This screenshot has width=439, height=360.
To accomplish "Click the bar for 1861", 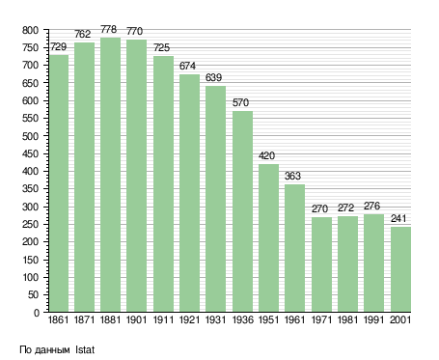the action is pos(59,183).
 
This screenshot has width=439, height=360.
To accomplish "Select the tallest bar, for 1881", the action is pos(110,175).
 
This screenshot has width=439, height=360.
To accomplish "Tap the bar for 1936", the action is pos(242,211).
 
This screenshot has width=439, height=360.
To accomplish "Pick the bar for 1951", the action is pos(268,237).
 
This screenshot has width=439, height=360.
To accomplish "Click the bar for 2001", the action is pos(400,269).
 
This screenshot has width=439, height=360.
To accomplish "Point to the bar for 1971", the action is pos(321,264).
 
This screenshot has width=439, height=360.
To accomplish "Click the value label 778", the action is pos(108,29).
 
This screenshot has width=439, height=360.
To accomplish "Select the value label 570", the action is pos(240,102).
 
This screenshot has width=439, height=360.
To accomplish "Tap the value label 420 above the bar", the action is pos(266,155).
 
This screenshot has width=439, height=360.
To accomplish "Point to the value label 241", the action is pos(398,218).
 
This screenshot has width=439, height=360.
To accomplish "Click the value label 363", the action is pos(292,176).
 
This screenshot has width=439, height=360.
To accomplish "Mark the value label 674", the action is pos(187,66).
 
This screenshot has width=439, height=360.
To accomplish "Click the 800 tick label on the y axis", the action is pos(31,31).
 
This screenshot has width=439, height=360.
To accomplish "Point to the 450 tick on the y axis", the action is pos(31,154).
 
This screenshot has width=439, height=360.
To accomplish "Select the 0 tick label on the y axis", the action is pos(37,313).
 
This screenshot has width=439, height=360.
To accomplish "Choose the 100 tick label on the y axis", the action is pos(31,277).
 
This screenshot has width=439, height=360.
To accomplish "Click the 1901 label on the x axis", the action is pos(136,319).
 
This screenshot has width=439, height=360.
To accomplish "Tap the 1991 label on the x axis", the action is pos(374,319).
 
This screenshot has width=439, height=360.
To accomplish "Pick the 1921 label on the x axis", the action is pos(189,319).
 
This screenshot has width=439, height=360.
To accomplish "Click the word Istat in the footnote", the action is pos(85,349).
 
